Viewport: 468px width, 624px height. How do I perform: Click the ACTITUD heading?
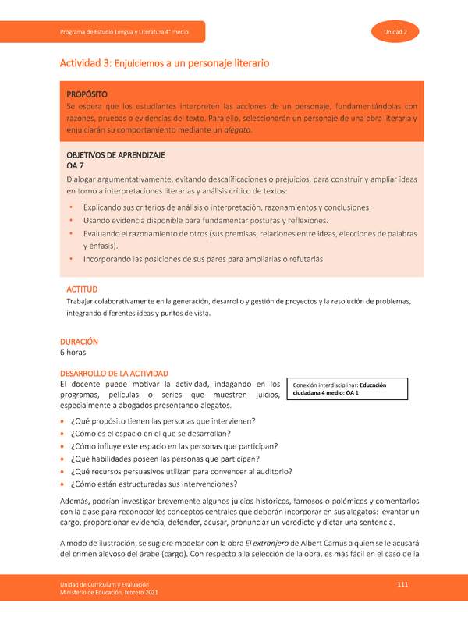tap(78, 289)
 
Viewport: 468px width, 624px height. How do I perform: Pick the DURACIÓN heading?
tap(80, 341)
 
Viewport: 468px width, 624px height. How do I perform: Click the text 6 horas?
tap(73, 352)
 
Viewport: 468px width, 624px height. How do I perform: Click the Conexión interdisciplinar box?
tap(347, 388)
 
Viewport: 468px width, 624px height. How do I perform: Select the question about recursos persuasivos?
tap(182, 471)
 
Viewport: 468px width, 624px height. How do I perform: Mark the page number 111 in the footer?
tap(402, 584)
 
